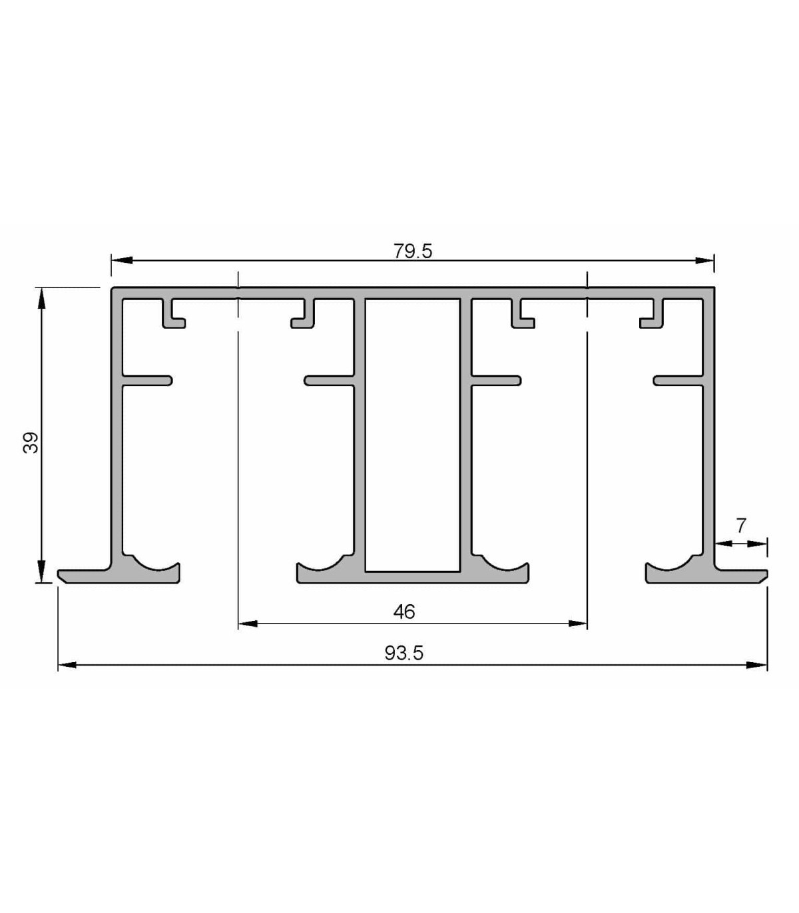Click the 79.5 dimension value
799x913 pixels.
[x=412, y=252]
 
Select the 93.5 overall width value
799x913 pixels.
[x=403, y=653]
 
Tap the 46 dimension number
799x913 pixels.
[x=404, y=612]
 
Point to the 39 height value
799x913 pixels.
[x=31, y=443]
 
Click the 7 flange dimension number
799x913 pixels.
[x=741, y=525]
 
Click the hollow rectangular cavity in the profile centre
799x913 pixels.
[x=412, y=435]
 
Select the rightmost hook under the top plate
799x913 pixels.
[x=652, y=313]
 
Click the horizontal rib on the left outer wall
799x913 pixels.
[x=147, y=381]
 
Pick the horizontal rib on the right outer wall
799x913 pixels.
[x=678, y=381]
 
